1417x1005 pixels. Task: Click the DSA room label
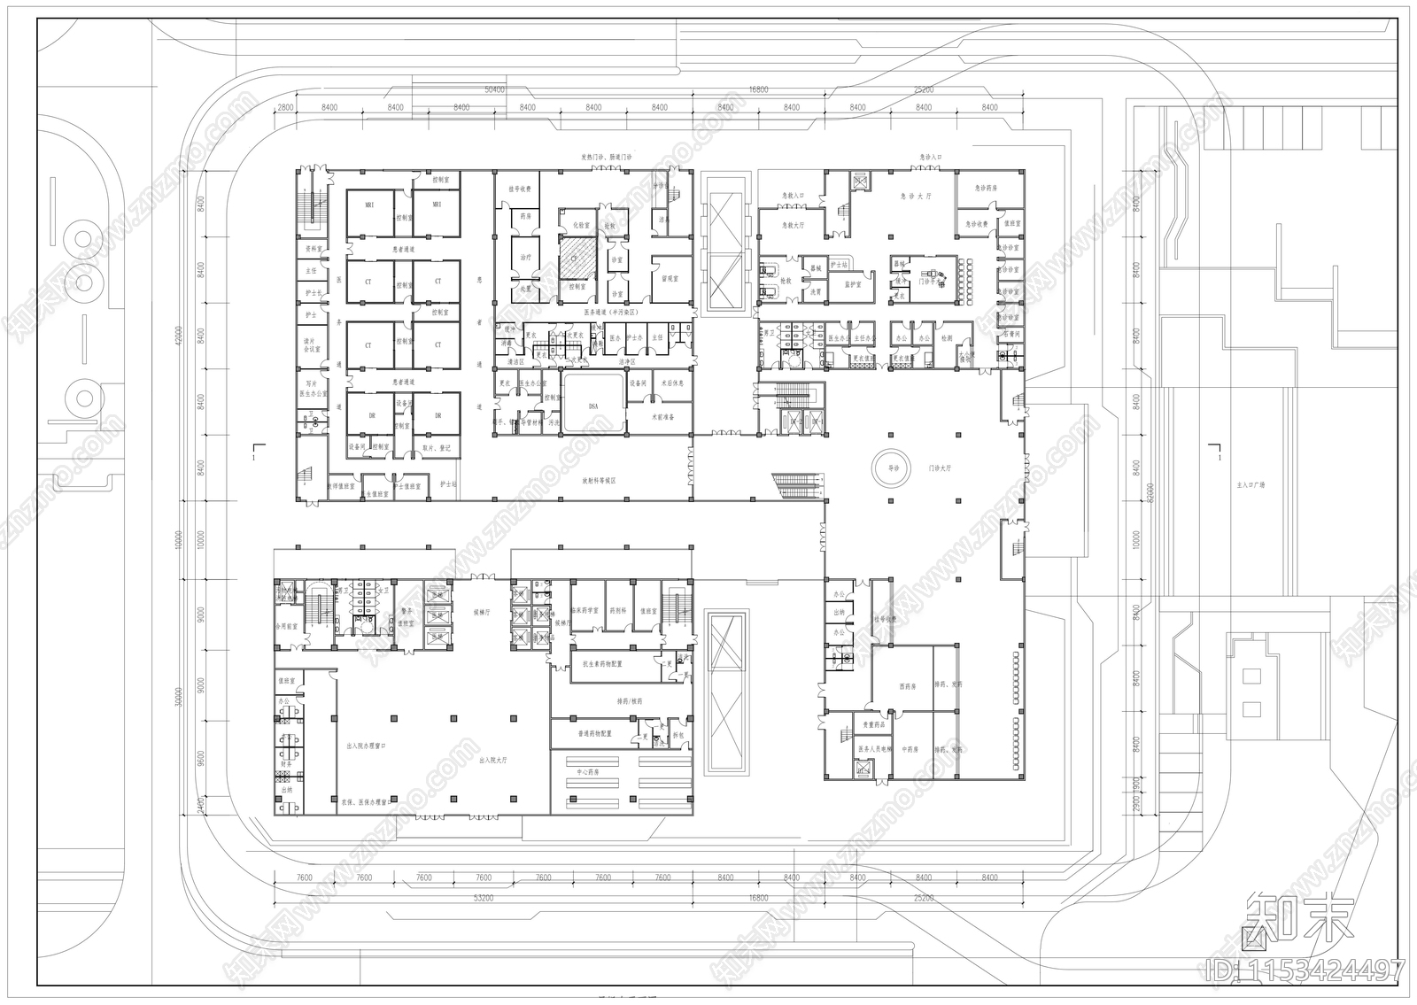coord(593,406)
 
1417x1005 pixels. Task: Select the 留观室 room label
coord(670,279)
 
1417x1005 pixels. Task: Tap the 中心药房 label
coord(589,772)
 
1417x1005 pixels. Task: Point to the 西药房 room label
coord(906,685)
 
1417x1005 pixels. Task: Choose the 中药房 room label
coord(911,749)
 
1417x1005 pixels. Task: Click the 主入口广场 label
coord(1251,485)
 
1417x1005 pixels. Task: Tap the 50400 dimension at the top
coord(493,89)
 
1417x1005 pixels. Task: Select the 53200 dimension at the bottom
coord(484,898)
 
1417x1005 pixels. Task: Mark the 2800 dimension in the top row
coord(285,107)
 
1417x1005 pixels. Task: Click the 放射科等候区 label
coord(598,481)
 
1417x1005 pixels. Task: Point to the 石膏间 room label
coord(1010,334)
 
